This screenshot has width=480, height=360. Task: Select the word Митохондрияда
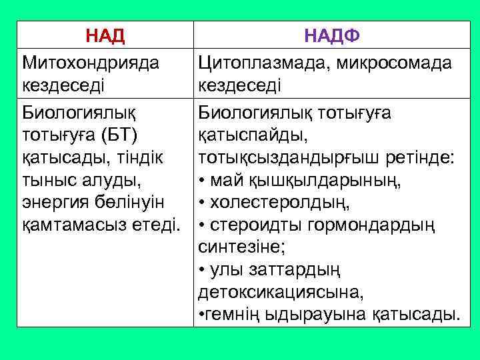click(91, 63)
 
